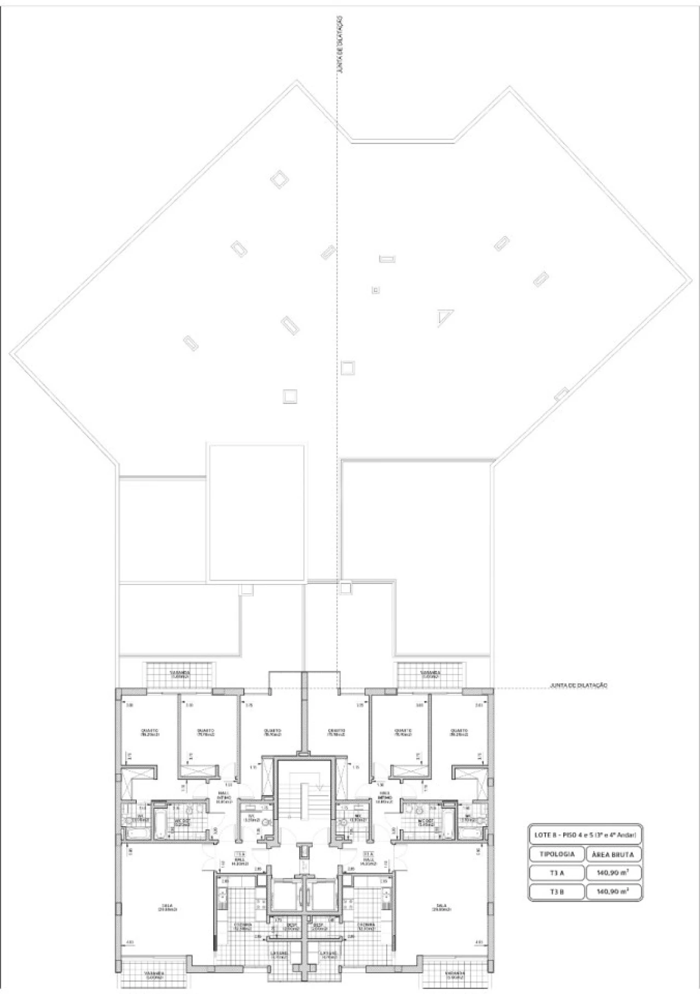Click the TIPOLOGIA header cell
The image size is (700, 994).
pos(557,854)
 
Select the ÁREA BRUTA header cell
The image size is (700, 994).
pos(613,854)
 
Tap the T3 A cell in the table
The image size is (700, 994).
pos(557,873)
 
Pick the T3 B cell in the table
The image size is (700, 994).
pos(557,892)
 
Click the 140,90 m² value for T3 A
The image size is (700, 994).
pos(613,873)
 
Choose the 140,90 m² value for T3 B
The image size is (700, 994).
pos(613,892)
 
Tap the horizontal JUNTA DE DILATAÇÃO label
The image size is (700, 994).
pos(579,685)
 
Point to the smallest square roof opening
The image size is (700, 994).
pos(376,290)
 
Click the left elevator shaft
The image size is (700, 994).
pos(284,894)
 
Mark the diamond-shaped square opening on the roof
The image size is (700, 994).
pos(280,179)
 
